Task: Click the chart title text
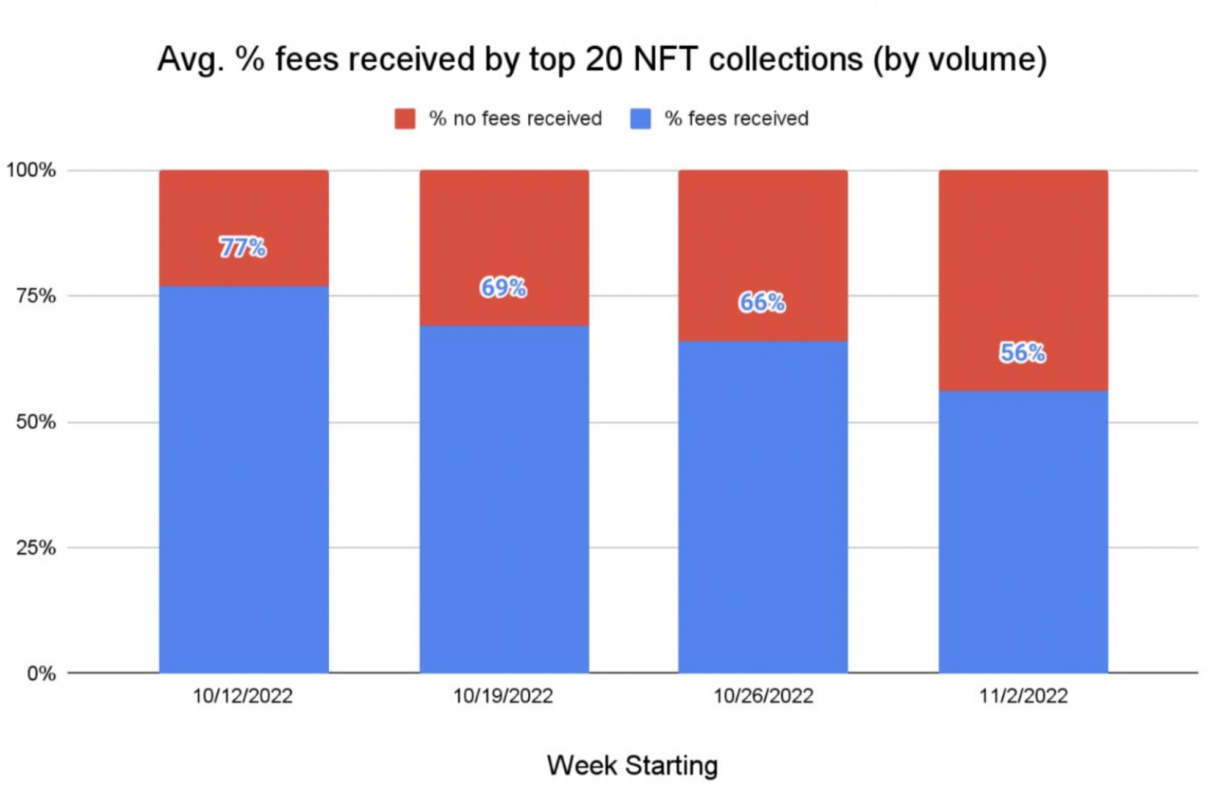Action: click(602, 60)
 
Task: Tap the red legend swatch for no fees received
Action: click(405, 118)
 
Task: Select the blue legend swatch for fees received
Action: click(640, 118)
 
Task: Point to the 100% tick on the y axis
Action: click(31, 170)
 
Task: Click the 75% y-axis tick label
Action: click(36, 296)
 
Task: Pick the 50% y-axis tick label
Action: click(36, 422)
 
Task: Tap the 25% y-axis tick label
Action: click(36, 548)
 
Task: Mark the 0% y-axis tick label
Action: click(41, 674)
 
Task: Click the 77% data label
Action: click(243, 248)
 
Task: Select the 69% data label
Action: click(503, 287)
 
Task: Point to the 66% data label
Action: click(762, 302)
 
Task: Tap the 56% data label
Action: click(1022, 352)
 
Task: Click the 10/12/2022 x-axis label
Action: click(243, 696)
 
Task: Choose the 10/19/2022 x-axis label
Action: click(503, 696)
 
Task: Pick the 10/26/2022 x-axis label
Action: click(763, 696)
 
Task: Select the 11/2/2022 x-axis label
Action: click(1024, 696)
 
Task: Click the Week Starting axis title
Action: click(633, 765)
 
